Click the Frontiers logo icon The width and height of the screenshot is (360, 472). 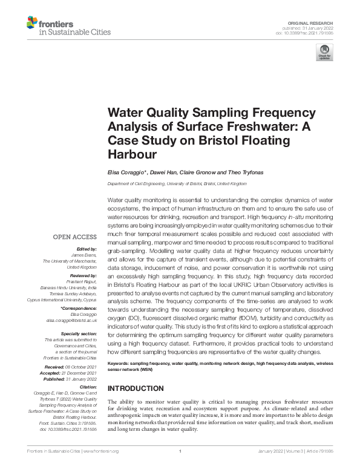[32, 24]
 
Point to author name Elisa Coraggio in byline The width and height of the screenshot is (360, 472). [126, 172]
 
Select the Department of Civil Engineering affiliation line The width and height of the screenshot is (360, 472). [177, 183]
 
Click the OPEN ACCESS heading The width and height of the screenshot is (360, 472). [76, 237]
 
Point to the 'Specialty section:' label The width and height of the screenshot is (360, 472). [79, 333]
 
